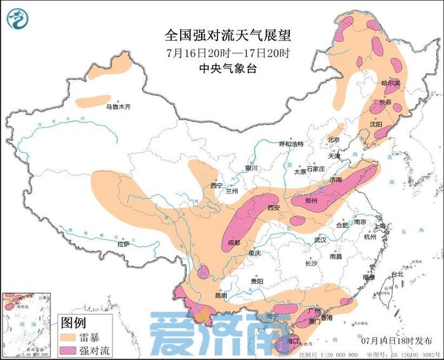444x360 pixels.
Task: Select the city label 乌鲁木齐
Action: (117, 107)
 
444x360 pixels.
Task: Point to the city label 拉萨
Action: (123, 243)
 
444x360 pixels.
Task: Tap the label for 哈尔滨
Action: (390, 83)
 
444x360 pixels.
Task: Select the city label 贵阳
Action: (256, 281)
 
